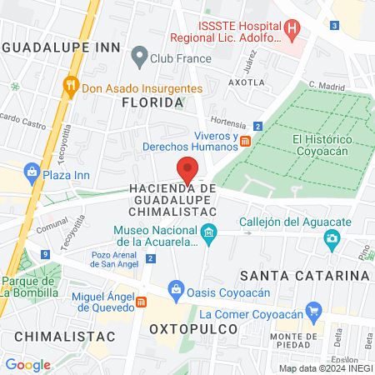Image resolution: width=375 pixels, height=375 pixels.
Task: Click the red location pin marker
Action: [x=188, y=169]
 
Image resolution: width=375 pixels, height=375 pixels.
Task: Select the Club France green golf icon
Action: [x=139, y=59]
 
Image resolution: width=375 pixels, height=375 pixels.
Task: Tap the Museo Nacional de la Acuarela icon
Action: [x=208, y=232]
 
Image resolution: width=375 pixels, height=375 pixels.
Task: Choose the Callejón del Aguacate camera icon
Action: [x=332, y=240]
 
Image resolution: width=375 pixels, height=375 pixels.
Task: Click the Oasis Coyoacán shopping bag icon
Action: [x=175, y=290]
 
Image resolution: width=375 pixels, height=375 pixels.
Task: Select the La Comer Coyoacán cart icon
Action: [x=313, y=314]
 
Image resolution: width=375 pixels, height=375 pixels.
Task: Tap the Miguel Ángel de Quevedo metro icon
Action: [x=142, y=302]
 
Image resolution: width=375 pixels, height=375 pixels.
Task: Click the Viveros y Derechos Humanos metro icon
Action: [x=245, y=142]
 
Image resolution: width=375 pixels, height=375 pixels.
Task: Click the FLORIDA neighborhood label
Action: [x=152, y=102]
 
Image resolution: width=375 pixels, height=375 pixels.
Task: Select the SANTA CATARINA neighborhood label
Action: [x=304, y=275]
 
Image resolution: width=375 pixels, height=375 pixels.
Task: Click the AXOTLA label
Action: [x=246, y=82]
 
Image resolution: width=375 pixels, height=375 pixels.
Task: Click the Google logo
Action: [x=27, y=364]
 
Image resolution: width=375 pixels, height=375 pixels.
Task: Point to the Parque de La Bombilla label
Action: [x=29, y=287]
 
